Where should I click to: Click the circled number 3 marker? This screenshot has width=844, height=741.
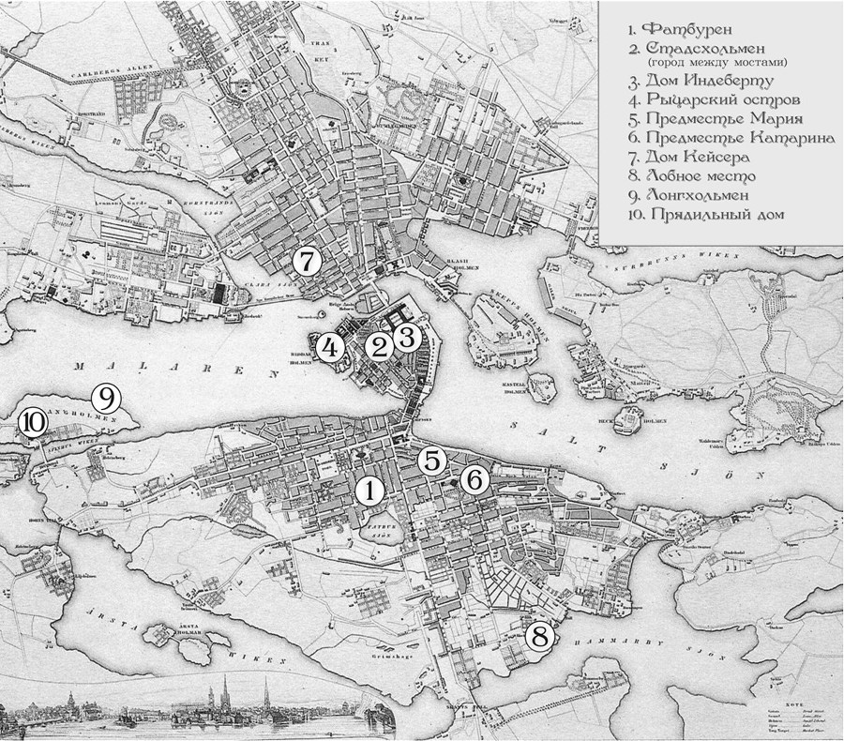(x=406, y=338)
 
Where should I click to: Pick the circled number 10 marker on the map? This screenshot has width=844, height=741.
(x=32, y=423)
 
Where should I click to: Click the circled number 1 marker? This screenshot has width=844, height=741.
(x=369, y=489)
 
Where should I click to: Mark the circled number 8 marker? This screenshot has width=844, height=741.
(x=538, y=637)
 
